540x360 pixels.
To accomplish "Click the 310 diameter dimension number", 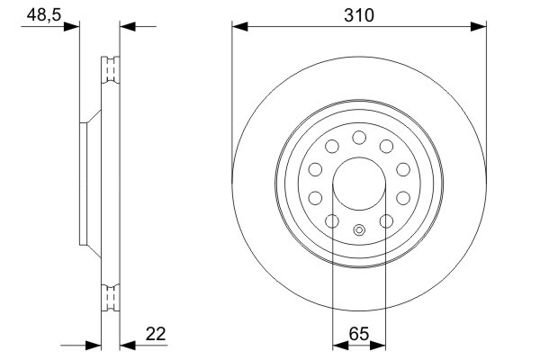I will [359, 15].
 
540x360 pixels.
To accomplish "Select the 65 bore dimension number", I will [359, 334].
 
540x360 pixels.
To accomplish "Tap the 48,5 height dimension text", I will [37, 15].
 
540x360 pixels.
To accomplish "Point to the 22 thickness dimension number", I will [156, 334].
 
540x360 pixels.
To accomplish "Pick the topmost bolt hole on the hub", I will [359, 137].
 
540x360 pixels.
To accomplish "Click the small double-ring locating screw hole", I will [359, 229].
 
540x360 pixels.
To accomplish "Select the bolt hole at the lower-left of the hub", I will [331, 221].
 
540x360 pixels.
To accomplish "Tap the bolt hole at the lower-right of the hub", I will [387, 221].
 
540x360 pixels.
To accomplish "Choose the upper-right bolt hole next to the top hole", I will [387, 147].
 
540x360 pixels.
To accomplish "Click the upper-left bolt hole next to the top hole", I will [331, 147].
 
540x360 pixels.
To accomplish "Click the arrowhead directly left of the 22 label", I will [127, 344].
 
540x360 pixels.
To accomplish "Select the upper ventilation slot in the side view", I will [111, 69].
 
